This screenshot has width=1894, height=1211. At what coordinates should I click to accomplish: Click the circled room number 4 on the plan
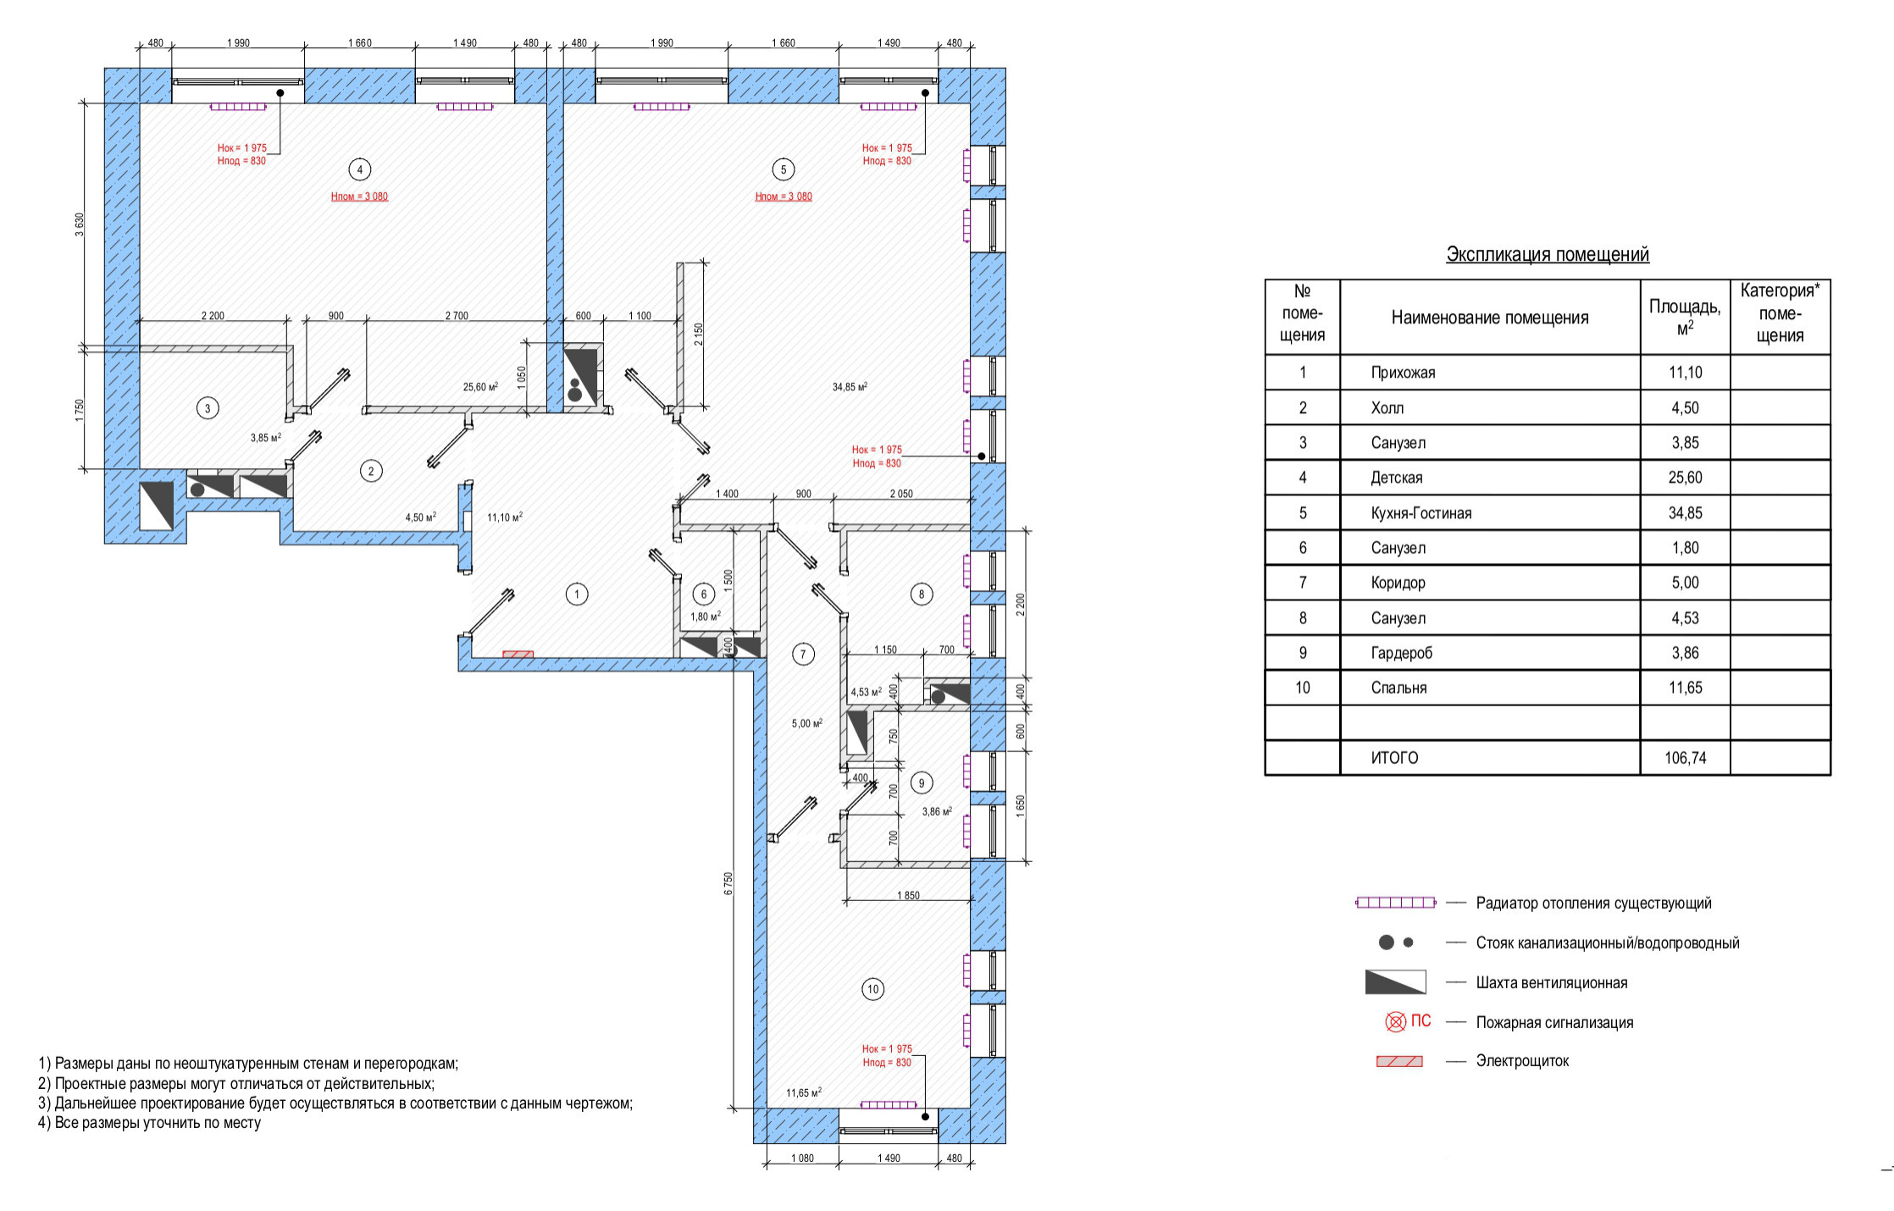pos(359,169)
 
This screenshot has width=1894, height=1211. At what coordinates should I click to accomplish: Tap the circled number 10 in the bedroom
pos(872,989)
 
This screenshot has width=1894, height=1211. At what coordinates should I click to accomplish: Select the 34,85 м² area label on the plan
pos(850,387)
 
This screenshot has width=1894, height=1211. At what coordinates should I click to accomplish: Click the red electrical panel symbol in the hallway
pos(518,654)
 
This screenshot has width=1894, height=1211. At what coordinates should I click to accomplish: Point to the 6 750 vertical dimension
pos(728,883)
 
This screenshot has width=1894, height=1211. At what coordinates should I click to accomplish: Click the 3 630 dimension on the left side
pos(80,224)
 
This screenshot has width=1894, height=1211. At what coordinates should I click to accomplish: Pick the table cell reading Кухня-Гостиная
pos(1420,513)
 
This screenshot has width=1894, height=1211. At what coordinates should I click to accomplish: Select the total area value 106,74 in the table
pos(1685,758)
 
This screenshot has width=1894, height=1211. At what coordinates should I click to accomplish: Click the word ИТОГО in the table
pos(1394,758)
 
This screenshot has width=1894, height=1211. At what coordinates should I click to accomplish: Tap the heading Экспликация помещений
pos(1547,254)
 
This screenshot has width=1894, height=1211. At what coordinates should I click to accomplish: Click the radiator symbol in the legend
pos(1395,903)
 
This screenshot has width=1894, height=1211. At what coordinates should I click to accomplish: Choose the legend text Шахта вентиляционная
pos(1551,982)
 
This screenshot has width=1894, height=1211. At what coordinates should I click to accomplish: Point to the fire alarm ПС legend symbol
pos(1406,1022)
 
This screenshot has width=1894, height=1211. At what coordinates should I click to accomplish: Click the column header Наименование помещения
pos(1489,318)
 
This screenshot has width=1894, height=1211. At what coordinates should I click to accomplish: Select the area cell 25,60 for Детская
pos(1685,478)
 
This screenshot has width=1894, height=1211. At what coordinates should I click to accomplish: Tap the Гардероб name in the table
pos(1401,653)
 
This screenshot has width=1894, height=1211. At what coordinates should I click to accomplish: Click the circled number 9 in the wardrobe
pos(922,783)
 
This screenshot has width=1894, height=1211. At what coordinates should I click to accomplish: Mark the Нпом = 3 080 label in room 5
pos(784,196)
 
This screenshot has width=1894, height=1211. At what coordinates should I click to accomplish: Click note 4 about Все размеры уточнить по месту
pos(149,1123)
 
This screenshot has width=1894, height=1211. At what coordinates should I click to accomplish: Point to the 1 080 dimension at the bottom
pos(801,1158)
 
